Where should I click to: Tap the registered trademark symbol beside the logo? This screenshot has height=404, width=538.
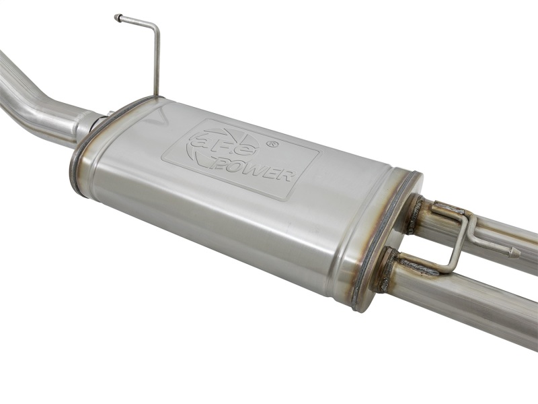pos(272,143)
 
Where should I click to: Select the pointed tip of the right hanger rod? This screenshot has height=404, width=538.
pos(516,254)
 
